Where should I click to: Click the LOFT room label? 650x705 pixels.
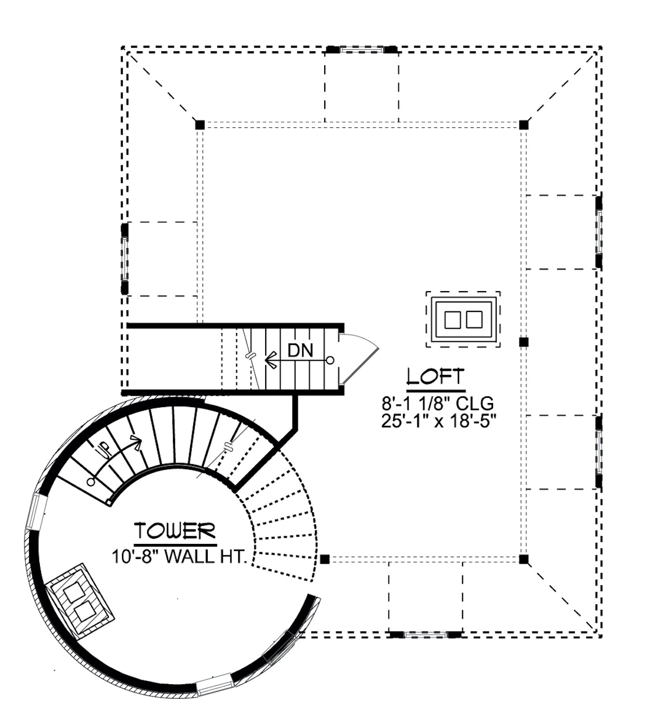(436, 377)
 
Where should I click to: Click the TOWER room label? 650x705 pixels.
(175, 531)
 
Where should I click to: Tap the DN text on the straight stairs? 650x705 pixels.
(300, 350)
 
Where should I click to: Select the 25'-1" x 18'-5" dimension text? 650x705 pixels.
(438, 423)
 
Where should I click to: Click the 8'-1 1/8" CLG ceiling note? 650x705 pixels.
(438, 404)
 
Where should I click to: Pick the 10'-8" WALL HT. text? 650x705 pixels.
(179, 556)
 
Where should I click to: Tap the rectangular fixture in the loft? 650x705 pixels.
(463, 319)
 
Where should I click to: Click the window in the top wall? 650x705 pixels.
(362, 49)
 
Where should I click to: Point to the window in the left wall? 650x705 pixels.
(125, 258)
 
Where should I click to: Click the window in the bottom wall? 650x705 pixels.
(425, 634)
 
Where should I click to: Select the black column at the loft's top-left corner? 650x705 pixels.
(200, 125)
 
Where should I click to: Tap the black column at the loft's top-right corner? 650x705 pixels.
(524, 125)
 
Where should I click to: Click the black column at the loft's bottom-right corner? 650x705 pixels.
(524, 559)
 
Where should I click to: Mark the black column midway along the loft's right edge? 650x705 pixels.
(524, 342)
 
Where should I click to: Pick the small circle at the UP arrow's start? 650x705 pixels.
(91, 481)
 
